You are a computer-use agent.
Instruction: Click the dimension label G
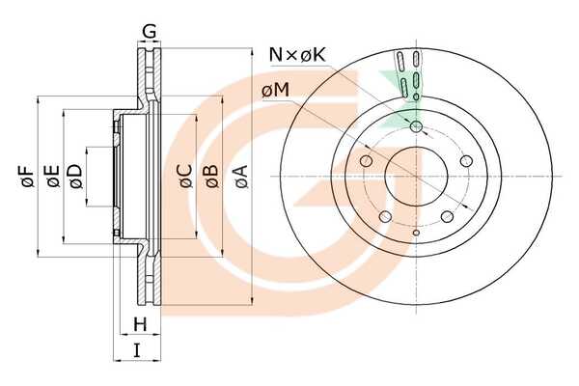pyautogui.click(x=150, y=32)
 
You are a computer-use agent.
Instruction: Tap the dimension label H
pyautogui.click(x=140, y=324)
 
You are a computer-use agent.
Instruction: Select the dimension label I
pyautogui.click(x=137, y=349)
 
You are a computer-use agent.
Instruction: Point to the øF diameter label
pyautogui.click(x=28, y=177)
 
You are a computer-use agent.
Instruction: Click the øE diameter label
pyautogui.click(x=53, y=177)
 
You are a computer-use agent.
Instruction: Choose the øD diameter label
pyautogui.click(x=75, y=177)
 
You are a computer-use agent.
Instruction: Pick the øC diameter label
pyautogui.click(x=186, y=177)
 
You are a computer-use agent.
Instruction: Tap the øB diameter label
pyautogui.click(x=211, y=177)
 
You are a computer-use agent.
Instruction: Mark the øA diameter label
pyautogui.click(x=240, y=177)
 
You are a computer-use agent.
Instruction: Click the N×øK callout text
pyautogui.click(x=297, y=55)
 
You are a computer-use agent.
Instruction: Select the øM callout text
pyautogui.click(x=275, y=91)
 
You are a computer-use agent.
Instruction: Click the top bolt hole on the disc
pyautogui.click(x=416, y=126)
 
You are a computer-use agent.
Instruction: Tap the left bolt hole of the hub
pyautogui.click(x=366, y=161)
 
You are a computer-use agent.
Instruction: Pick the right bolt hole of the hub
pyautogui.click(x=466, y=161)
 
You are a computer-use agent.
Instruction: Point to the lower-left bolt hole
pyautogui.click(x=385, y=216)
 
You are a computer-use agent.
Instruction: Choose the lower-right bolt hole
pyautogui.click(x=447, y=216)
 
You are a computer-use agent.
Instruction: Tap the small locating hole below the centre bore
pyautogui.click(x=416, y=233)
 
